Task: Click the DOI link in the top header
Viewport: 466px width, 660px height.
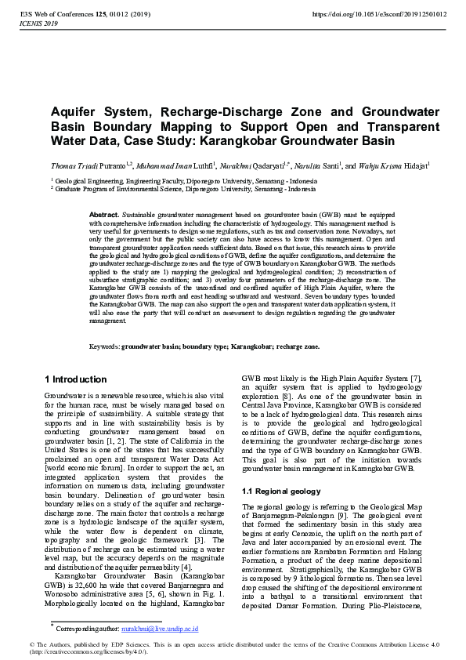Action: [x=379, y=14]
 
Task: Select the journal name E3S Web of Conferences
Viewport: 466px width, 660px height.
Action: [x=59, y=14]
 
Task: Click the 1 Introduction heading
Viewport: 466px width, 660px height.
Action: [x=76, y=379]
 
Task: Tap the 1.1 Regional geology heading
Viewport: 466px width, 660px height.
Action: [x=281, y=491]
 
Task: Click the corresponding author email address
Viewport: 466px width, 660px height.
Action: [x=165, y=628]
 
